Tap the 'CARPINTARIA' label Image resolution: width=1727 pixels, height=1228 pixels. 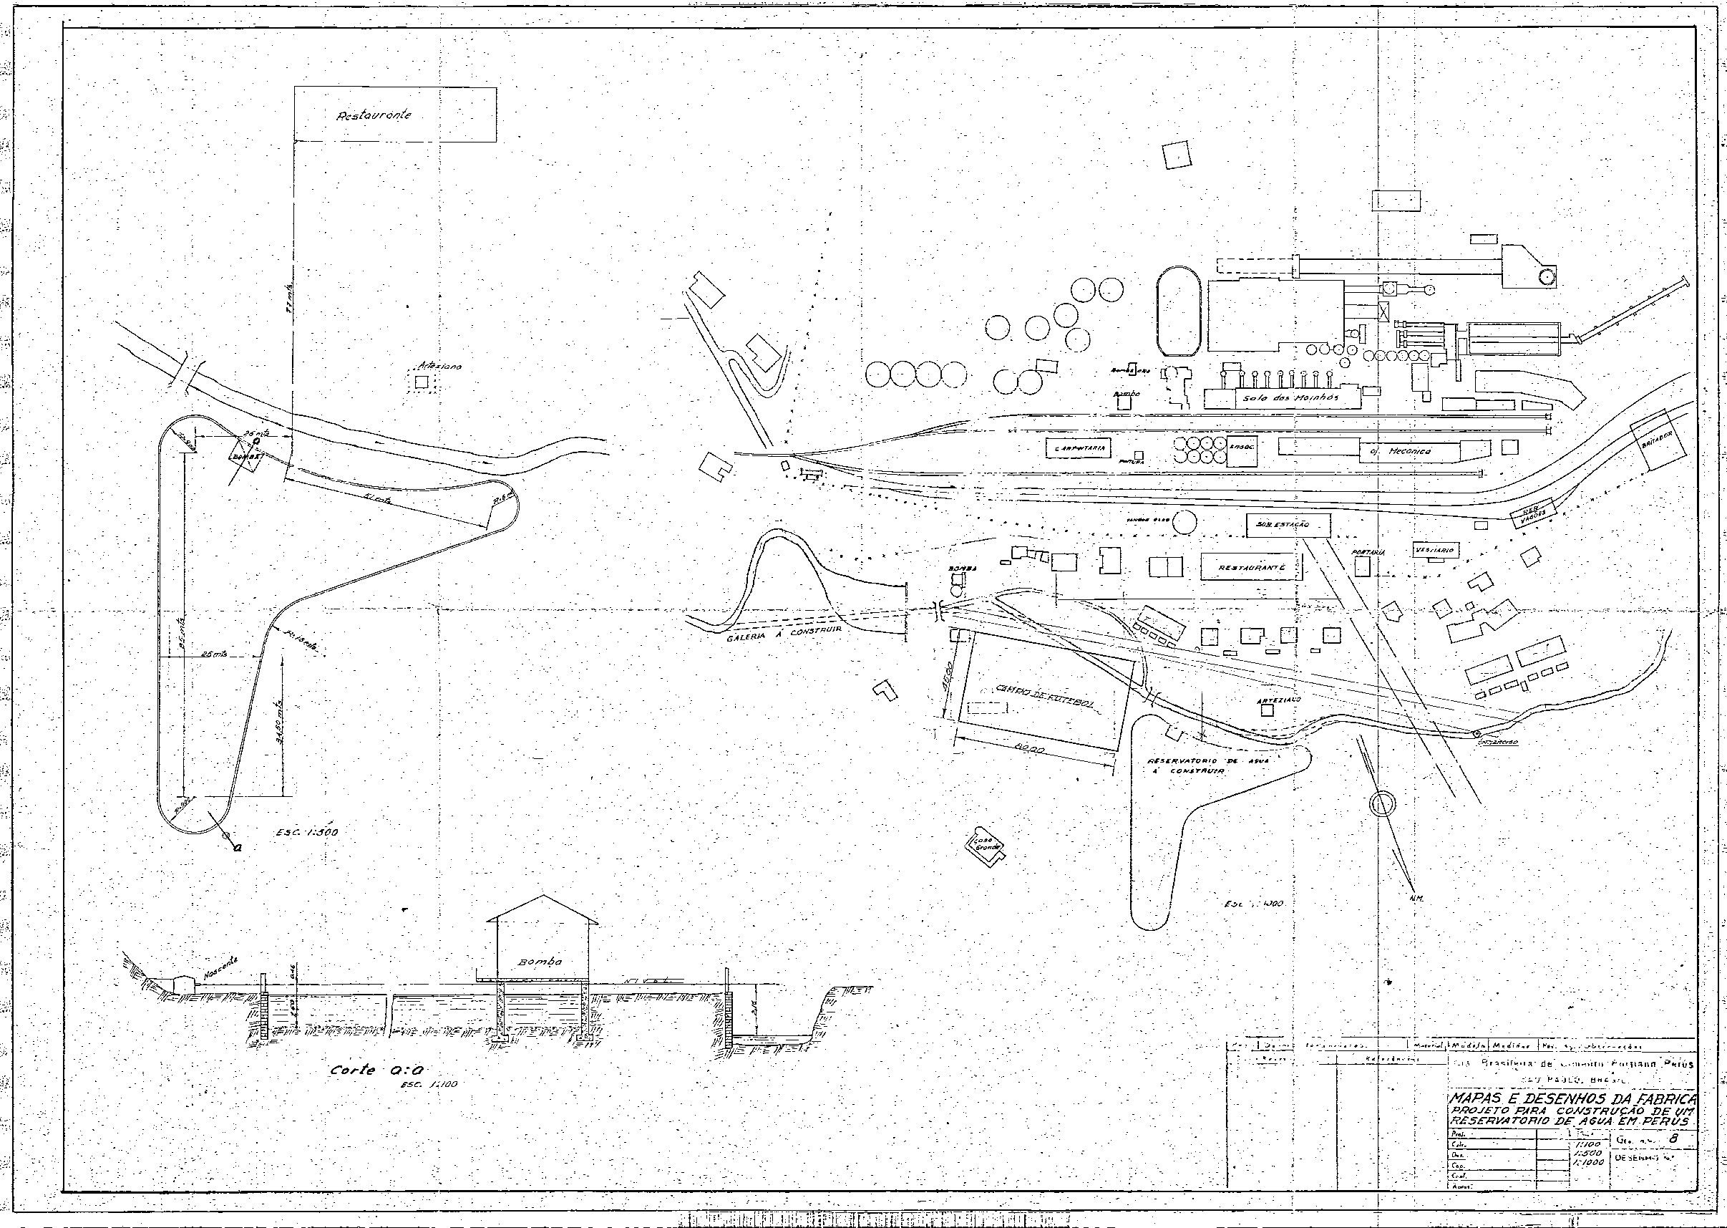click(1079, 448)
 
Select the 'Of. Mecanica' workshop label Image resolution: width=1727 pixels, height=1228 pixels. click(1400, 451)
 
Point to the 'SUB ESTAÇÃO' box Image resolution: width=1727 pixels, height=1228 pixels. click(1287, 525)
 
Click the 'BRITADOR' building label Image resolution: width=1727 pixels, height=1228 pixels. click(1658, 436)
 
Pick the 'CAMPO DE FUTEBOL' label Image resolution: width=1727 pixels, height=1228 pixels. click(1044, 697)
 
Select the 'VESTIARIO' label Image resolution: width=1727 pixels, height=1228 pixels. click(1435, 551)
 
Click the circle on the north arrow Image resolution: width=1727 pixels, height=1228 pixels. click(1380, 803)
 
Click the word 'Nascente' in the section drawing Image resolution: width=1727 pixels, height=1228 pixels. click(219, 970)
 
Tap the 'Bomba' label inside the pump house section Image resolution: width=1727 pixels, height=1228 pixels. click(541, 962)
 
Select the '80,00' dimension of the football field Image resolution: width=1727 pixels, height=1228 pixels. click(1029, 750)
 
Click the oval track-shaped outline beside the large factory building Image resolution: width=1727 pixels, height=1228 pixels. click(1178, 311)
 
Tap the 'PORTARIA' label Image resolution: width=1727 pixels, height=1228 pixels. click(1368, 553)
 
